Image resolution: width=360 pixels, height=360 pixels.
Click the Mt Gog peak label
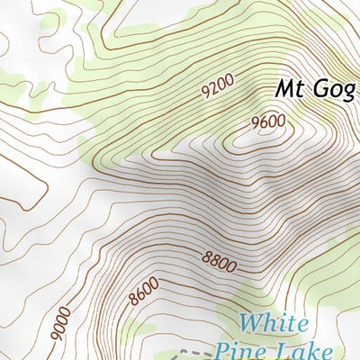coord(315,89)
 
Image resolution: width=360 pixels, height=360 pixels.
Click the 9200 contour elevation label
coord(218,87)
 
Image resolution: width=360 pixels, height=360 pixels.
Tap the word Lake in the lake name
coord(310,351)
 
